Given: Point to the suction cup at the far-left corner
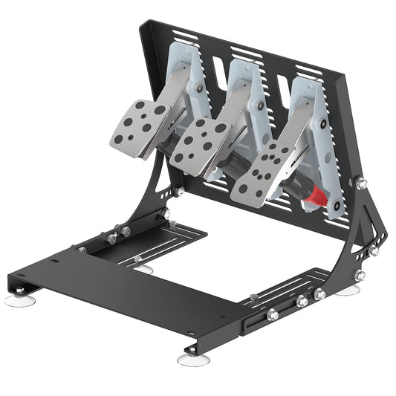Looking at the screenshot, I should click(16, 300).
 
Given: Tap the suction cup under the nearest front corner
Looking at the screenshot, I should click(192, 359).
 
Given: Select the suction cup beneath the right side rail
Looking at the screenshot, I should click(346, 290).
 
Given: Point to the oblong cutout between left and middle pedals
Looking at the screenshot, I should click(218, 71).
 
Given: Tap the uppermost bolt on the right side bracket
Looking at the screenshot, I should click(362, 183).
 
